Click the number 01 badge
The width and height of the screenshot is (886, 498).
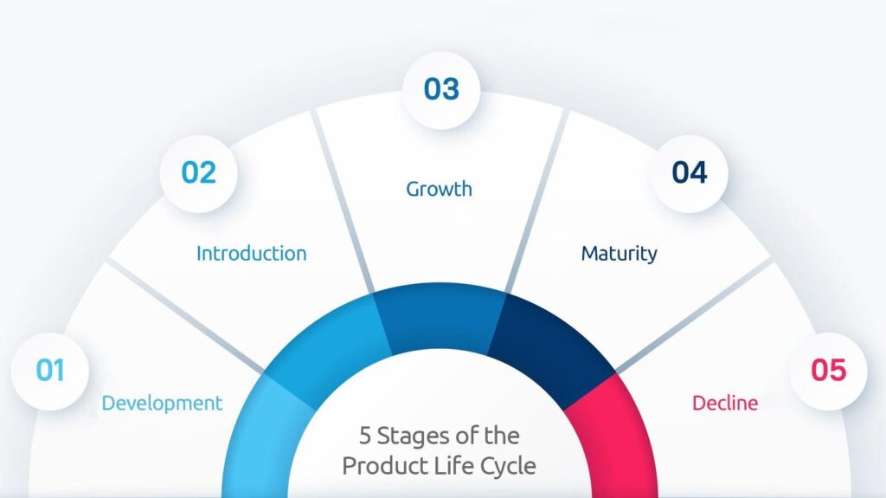coord(50,372)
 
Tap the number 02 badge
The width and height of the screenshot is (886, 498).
coord(198,173)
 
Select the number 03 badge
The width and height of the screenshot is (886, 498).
coord(441,90)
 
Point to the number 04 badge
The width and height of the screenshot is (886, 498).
coord(689,173)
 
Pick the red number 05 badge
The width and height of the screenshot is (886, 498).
coord(828,372)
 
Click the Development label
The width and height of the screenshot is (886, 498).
coord(162,404)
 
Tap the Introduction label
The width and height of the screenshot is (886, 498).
coord(252,254)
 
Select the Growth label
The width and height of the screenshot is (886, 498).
coord(439,189)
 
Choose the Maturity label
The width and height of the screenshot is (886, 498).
coord(620,254)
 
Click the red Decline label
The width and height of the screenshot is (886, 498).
coord(725,403)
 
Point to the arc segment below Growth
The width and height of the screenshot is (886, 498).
coord(440,317)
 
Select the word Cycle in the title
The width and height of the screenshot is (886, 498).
coord(508,467)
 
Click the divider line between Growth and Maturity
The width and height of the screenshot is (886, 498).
coord(536,202)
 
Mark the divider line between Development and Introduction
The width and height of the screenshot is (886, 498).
coord(186,316)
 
